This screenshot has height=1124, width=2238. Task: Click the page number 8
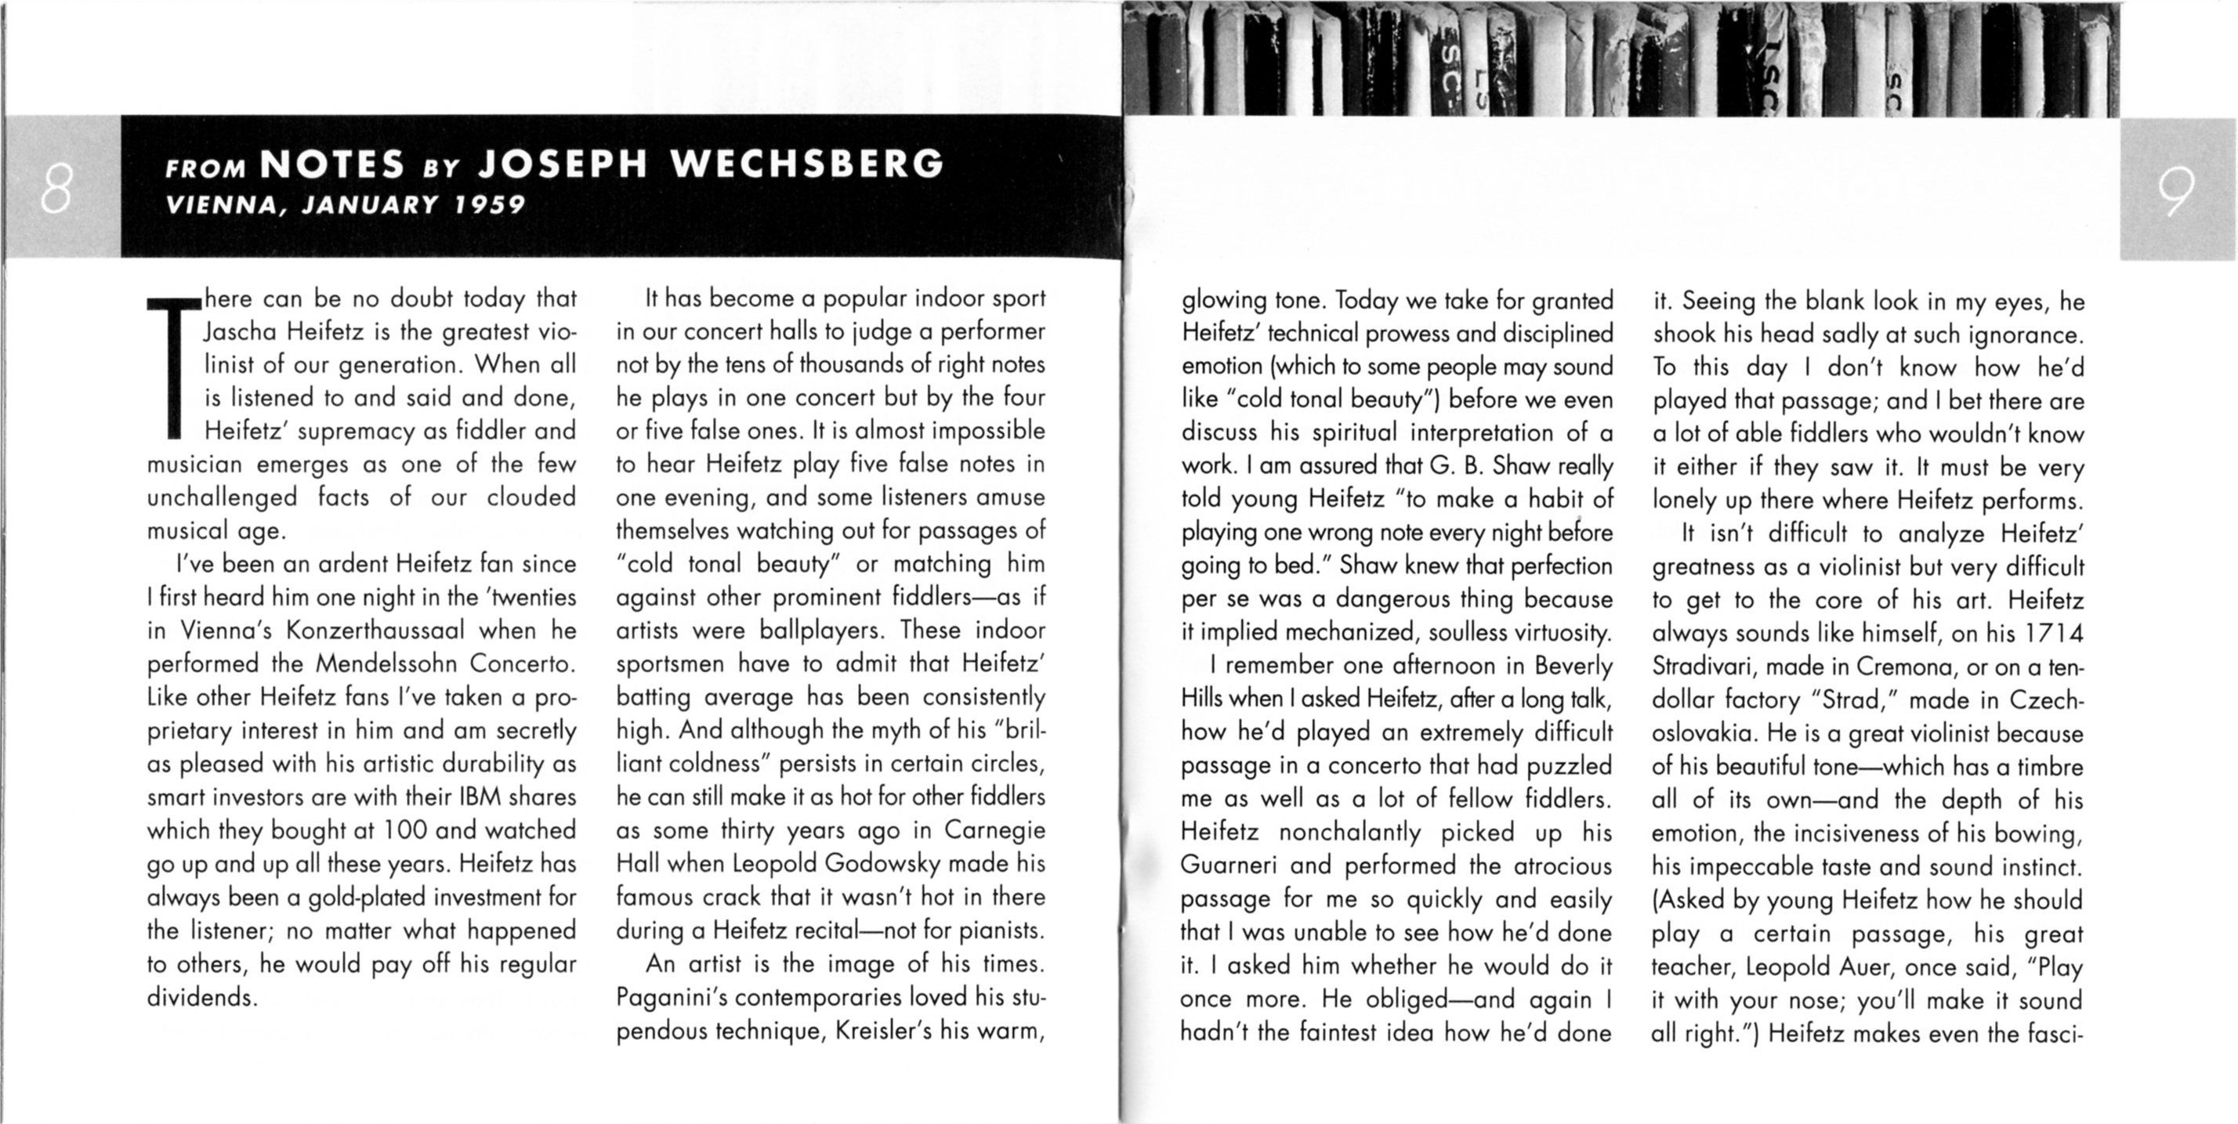55,193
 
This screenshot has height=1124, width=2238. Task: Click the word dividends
201,997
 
